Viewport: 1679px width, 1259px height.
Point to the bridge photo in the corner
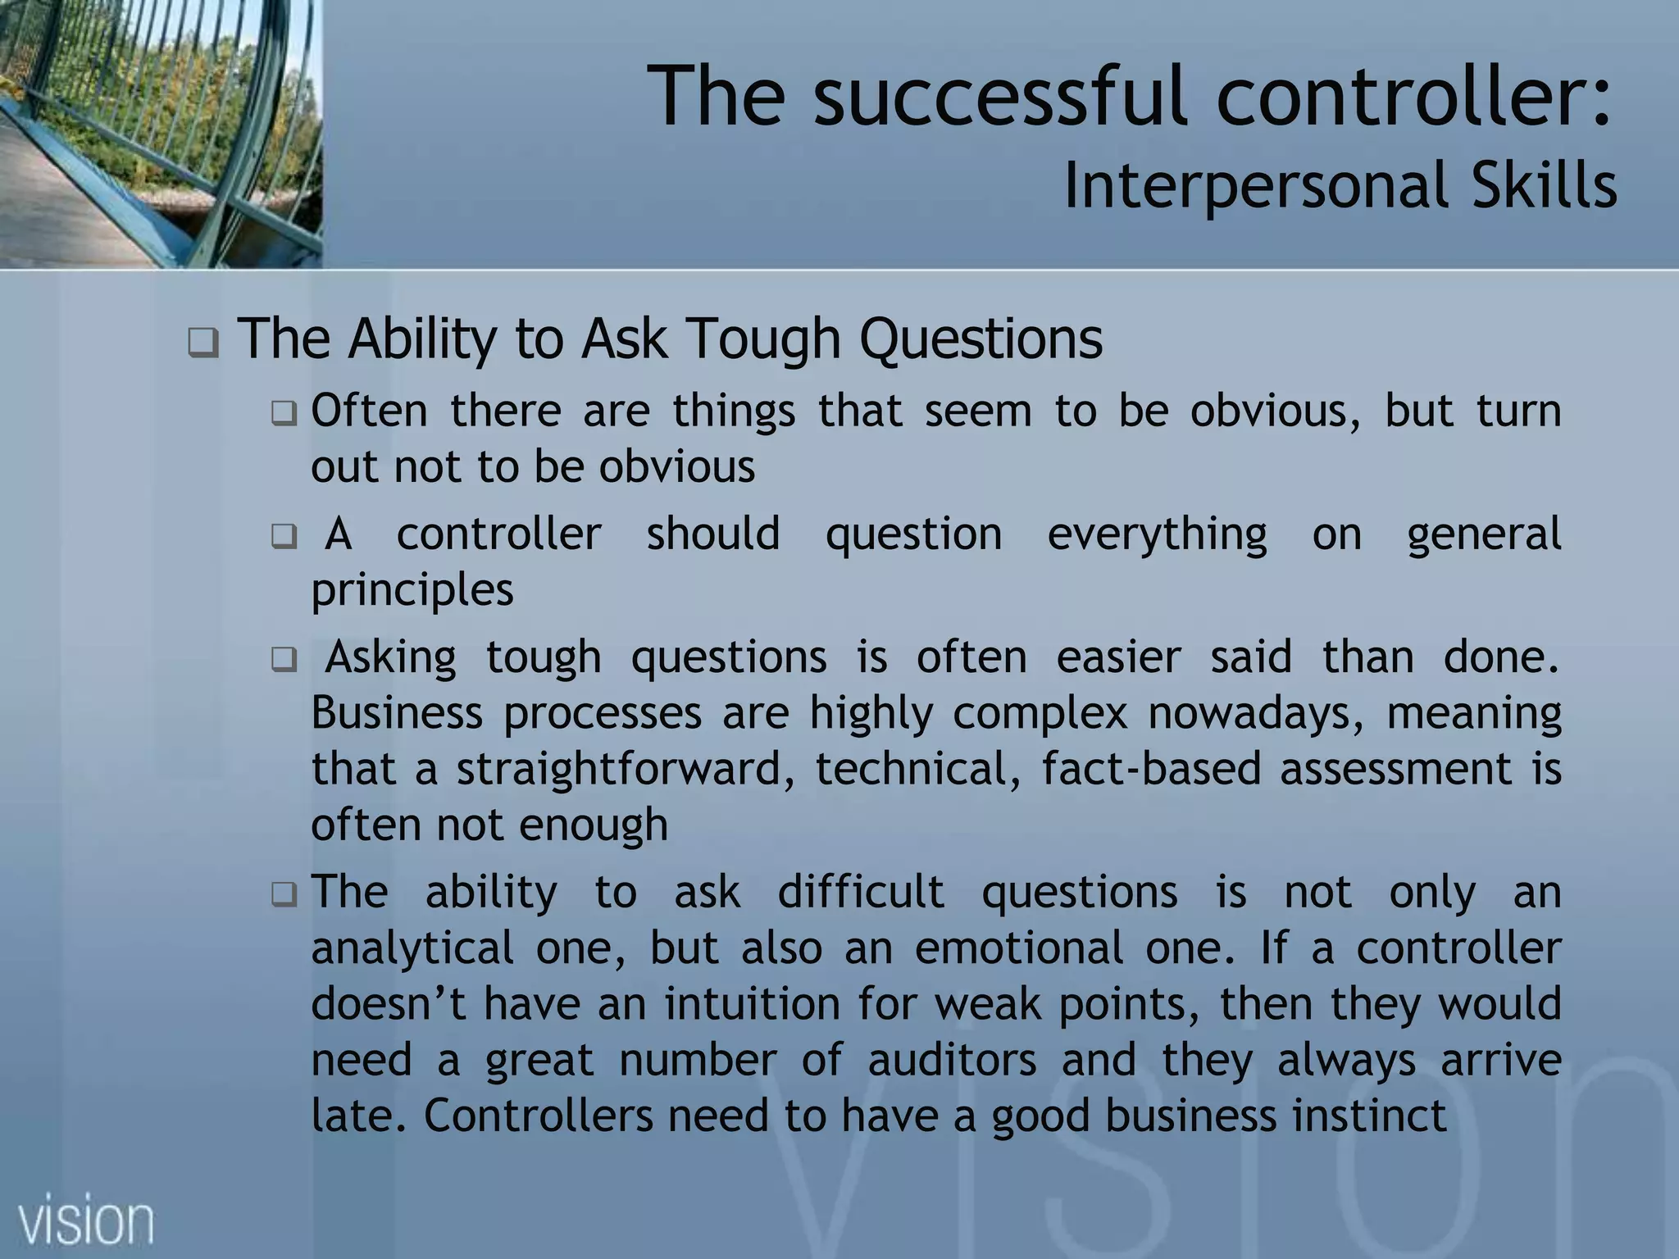click(160, 133)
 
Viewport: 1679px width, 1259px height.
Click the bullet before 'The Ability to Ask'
click(203, 343)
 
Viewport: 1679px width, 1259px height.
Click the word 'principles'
click(412, 589)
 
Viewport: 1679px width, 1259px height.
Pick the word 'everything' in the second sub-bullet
click(1157, 534)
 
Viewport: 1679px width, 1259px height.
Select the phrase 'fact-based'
click(1151, 769)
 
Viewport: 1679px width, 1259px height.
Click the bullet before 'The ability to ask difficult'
click(284, 893)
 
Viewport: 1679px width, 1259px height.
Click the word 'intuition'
click(752, 1003)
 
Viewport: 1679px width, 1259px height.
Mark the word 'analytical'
click(412, 948)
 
